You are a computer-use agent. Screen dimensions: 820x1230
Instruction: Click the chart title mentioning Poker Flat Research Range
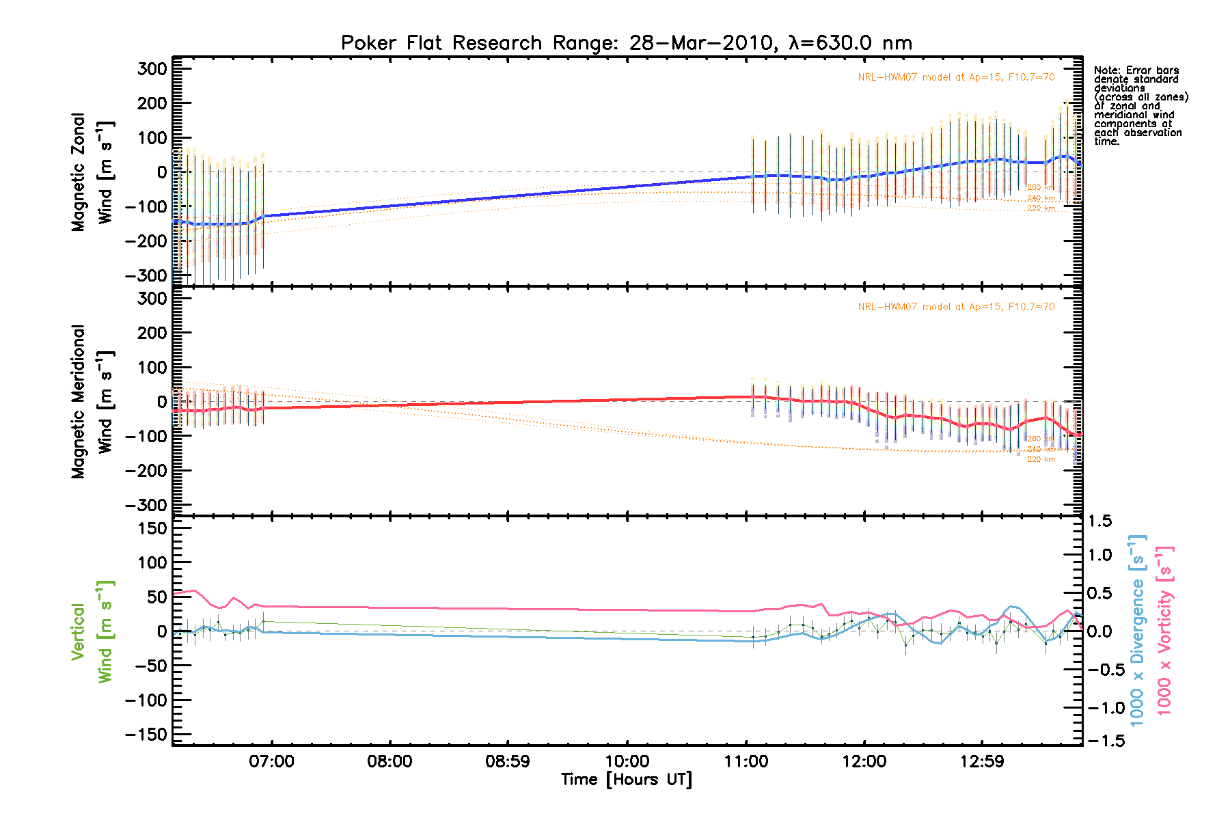click(x=626, y=43)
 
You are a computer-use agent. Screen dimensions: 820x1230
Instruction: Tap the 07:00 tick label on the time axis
click(x=271, y=761)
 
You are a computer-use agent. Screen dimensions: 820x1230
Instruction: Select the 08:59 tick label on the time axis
click(x=507, y=761)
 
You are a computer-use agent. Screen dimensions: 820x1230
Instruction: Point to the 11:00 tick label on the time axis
click(x=746, y=761)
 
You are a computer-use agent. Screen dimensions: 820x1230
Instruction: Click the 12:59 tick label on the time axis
click(x=982, y=761)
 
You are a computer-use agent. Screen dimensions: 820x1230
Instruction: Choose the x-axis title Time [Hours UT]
click(x=626, y=780)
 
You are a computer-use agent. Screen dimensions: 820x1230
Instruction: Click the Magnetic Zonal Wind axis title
click(x=92, y=172)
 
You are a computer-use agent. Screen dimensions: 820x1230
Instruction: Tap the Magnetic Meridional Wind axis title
click(x=92, y=402)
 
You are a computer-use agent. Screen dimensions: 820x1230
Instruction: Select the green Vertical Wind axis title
click(x=92, y=631)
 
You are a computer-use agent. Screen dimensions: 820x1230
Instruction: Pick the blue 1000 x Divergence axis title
click(x=1137, y=630)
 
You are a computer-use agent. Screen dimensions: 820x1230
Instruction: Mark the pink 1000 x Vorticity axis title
click(x=1164, y=630)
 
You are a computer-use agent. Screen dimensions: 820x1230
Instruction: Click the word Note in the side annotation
click(x=1105, y=70)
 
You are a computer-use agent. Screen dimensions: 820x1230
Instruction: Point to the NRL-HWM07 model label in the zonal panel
click(x=956, y=77)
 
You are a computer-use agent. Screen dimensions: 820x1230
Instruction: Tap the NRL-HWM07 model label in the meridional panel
click(x=956, y=307)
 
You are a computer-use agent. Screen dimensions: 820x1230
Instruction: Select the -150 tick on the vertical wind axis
click(x=146, y=735)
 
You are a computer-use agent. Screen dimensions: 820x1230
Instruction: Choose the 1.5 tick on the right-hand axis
click(x=1100, y=521)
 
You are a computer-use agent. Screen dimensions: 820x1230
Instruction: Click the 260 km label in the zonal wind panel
click(x=1041, y=188)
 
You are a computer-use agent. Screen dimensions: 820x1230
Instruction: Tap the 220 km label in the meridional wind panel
click(x=1041, y=460)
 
